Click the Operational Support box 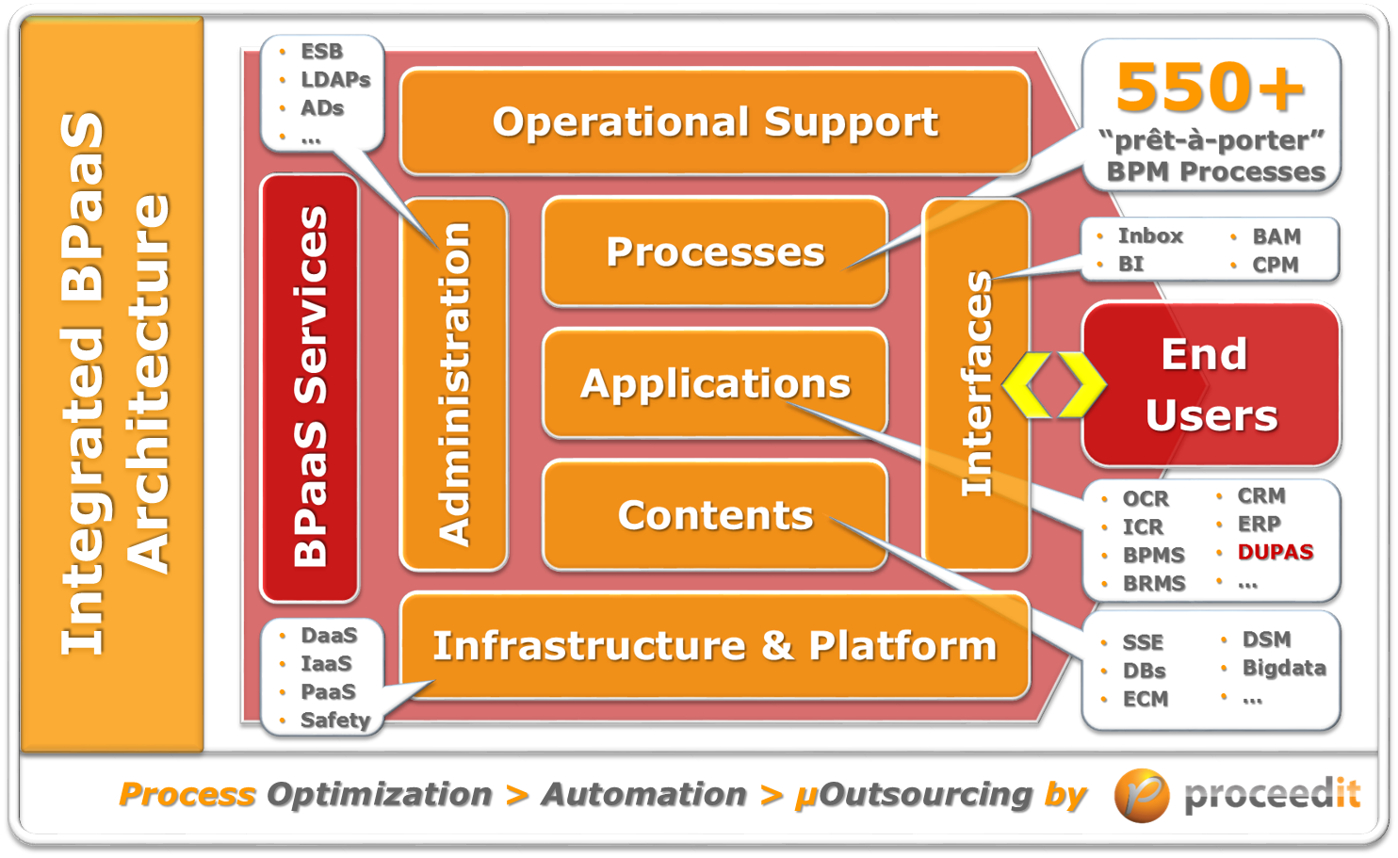(x=715, y=122)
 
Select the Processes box (x=715, y=251)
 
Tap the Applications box (x=715, y=383)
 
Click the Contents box (x=715, y=515)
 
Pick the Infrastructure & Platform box (x=715, y=646)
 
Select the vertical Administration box (x=455, y=384)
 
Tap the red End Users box (x=1211, y=384)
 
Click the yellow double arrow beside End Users (x=1053, y=385)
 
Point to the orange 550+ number (x=1211, y=88)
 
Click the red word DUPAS (x=1275, y=552)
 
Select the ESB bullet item (x=321, y=52)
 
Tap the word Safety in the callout (x=334, y=720)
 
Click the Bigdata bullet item (x=1283, y=669)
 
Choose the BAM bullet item (x=1276, y=236)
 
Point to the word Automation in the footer (x=643, y=795)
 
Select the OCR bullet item (x=1145, y=499)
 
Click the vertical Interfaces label (x=977, y=384)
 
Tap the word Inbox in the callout (x=1149, y=236)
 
